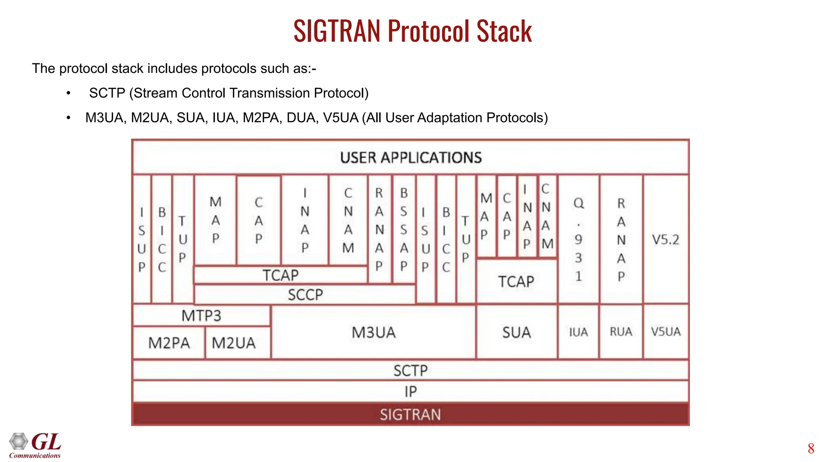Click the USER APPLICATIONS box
pos(410,157)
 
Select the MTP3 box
pos(201,316)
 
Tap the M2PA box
pos(169,343)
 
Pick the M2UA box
pos(234,343)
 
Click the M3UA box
pos(374,332)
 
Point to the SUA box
pos(516,332)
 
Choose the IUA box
pos(578,332)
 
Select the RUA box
pos(621,332)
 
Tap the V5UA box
pos(665,332)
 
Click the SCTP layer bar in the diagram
pos(410,370)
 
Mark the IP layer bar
pos(410,391)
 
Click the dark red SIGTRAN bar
pos(410,414)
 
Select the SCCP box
pos(305,295)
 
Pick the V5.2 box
pos(665,239)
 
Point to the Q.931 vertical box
pos(578,239)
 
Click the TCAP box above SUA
pos(516,281)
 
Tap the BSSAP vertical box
pos(404,229)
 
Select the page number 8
pos(811,448)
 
